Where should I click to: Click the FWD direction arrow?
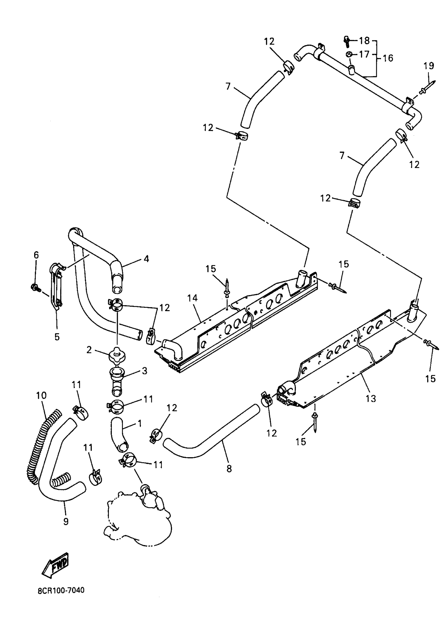55,566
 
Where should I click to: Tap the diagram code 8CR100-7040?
61,590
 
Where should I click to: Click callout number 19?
429,66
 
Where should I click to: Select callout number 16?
388,58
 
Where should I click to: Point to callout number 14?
193,298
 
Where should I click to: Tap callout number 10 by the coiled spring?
41,396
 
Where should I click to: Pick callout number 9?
66,521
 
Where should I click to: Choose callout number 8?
229,469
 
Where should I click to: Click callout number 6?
36,255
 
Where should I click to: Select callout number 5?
57,337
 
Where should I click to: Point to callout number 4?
146,259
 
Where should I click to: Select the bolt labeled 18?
346,41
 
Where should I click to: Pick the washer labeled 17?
349,54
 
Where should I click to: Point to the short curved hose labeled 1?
119,435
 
